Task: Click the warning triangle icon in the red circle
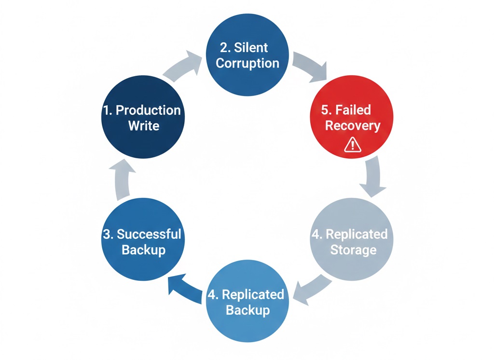352,145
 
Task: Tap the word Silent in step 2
257,48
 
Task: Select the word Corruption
247,63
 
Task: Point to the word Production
148,110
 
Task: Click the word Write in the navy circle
143,126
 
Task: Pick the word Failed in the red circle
353,110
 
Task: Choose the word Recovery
353,126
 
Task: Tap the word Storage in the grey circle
353,250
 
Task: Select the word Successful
149,234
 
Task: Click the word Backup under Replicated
247,310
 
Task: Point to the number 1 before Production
107,110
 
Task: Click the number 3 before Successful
107,234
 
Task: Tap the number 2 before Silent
224,48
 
